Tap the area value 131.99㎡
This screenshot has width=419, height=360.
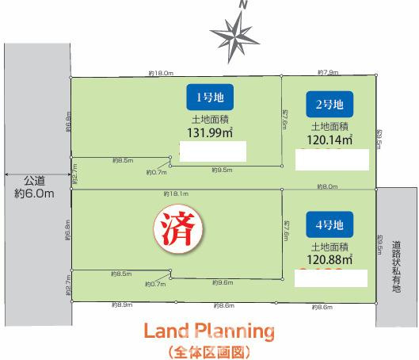[x=208, y=132]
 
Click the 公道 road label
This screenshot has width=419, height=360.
[x=34, y=181]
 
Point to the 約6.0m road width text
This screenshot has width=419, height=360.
[x=34, y=193]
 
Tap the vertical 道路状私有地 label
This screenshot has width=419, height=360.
[x=397, y=266]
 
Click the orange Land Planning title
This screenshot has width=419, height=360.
[x=209, y=331]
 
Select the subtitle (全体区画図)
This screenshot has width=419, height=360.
[x=209, y=350]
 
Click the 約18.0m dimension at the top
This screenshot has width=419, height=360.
[x=160, y=73]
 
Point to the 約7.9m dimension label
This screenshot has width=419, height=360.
[x=326, y=73]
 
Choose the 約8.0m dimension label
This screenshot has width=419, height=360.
[x=326, y=187]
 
